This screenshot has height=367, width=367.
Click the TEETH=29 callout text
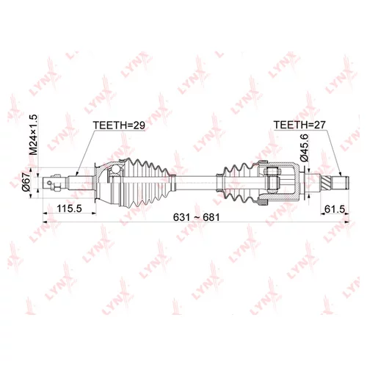[119, 125]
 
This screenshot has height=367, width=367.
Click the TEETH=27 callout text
[299, 125]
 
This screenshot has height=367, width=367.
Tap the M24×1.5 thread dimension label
[33, 135]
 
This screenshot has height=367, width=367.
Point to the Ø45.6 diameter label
[305, 148]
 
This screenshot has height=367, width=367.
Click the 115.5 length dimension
[69, 208]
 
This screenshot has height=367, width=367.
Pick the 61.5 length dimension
[335, 209]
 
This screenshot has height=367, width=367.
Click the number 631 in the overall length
[181, 217]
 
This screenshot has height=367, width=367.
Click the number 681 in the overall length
[211, 217]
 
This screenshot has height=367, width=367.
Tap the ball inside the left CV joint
[115, 170]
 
